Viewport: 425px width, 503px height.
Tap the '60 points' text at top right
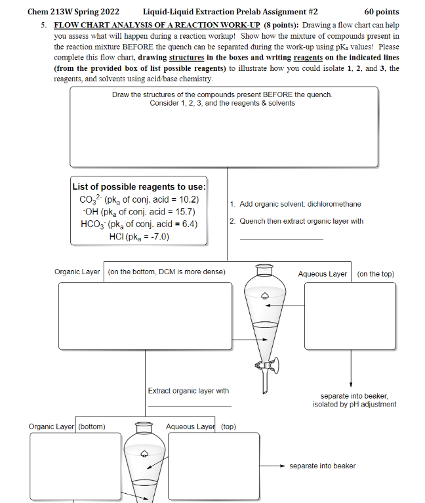382,11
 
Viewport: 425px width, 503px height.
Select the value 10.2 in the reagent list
186,200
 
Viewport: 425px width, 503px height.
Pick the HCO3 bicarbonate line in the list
138,224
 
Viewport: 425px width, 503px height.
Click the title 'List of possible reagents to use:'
139,186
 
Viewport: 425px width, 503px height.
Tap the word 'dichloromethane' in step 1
334,204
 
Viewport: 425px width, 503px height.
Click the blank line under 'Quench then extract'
281,239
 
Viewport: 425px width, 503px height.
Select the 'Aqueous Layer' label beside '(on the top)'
322,274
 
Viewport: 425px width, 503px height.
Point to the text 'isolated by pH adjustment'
354,404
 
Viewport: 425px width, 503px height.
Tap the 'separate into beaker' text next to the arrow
322,466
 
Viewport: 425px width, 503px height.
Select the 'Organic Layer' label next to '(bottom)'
52,426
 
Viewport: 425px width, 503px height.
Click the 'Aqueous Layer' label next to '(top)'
190,426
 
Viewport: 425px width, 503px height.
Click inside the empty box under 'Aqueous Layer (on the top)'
350,316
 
